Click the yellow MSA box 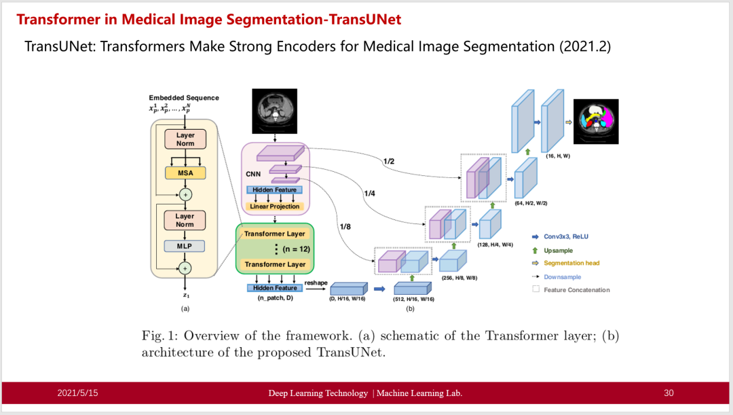[x=185, y=173]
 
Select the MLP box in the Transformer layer [x=185, y=246]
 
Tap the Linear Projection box [x=275, y=206]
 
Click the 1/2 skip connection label [x=389, y=161]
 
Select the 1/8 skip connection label [x=345, y=225]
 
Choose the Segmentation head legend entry [x=571, y=264]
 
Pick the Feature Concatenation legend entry [x=576, y=290]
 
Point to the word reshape [x=316, y=283]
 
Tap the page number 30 [x=669, y=393]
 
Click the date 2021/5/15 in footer [x=77, y=393]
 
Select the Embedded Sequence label [x=184, y=98]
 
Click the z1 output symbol [x=185, y=295]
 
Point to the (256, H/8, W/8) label [x=459, y=278]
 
